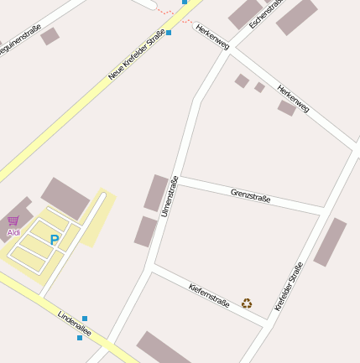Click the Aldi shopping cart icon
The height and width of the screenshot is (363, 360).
pos(13,221)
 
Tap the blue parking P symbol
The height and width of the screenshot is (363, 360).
pos(55,240)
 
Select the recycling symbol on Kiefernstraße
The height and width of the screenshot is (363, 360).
pos(247,303)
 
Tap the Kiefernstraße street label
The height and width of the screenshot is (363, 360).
pos(209,295)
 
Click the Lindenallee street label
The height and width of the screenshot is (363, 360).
pos(74,326)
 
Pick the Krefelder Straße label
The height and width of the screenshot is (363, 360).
pos(289,288)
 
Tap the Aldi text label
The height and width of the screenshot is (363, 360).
pos(13,232)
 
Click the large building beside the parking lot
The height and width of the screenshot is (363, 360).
pos(65,199)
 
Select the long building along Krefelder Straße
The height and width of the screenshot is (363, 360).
pos(330,242)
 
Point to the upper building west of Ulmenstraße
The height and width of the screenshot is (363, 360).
pos(156,193)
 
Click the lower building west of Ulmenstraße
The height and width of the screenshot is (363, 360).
pos(146,231)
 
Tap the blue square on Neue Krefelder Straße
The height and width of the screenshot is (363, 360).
pos(169,33)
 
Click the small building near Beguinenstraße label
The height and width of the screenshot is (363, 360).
pos(50,36)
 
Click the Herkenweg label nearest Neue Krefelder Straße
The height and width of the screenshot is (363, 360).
pos(211,37)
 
